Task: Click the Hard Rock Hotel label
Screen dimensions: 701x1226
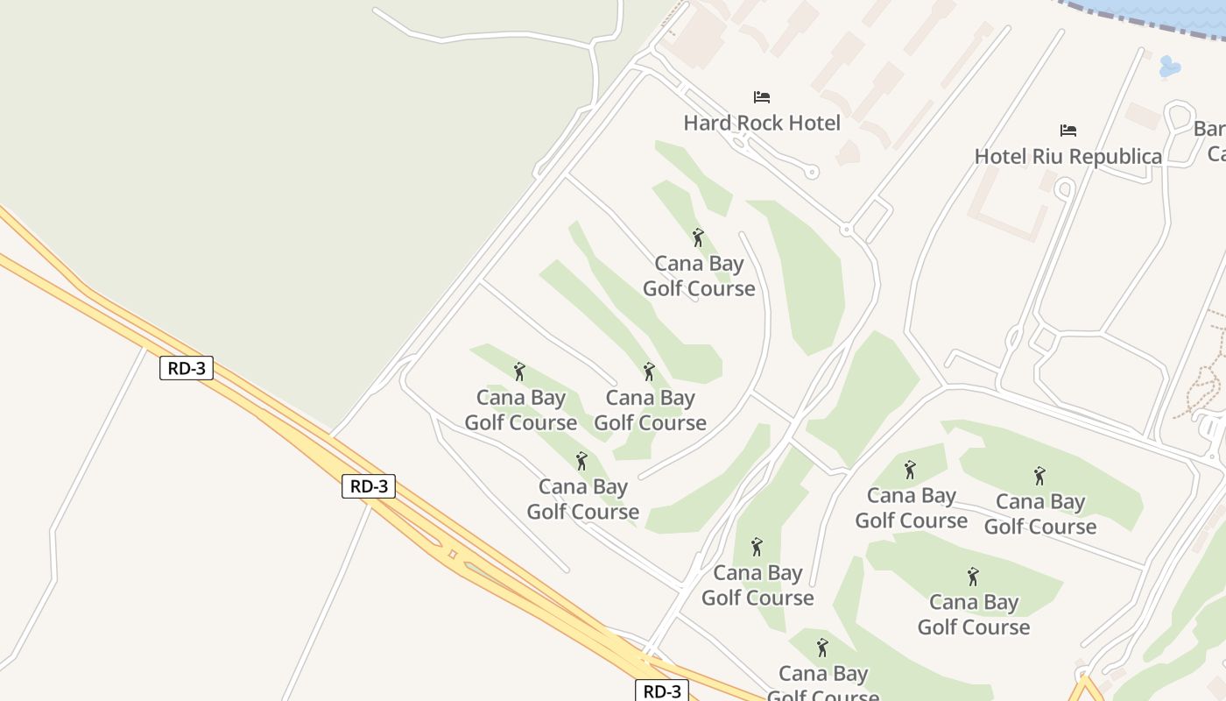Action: pos(762,123)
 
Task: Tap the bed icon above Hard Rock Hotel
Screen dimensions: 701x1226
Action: pos(762,96)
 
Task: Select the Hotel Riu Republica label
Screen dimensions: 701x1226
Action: pos(1068,157)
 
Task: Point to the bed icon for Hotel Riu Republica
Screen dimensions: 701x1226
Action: pos(1068,131)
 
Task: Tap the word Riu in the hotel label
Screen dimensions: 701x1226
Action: pos(1049,157)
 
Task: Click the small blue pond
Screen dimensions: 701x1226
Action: pos(1169,66)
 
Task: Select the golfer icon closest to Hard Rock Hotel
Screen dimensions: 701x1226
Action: pos(698,237)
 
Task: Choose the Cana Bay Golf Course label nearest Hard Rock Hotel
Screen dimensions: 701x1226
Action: pos(699,276)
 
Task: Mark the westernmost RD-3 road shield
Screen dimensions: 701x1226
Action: pos(187,368)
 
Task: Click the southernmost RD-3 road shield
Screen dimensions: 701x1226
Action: pos(662,690)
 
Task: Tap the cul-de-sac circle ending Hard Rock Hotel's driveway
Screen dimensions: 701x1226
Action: pos(812,173)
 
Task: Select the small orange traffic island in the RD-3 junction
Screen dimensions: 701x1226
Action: pos(452,554)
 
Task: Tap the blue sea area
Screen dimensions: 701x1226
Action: pos(1173,11)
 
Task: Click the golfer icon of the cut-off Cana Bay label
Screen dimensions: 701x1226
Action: pos(821,648)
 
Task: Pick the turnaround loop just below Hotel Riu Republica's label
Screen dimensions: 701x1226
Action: pos(1064,188)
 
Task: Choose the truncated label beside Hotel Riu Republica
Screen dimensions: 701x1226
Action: pos(1210,141)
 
